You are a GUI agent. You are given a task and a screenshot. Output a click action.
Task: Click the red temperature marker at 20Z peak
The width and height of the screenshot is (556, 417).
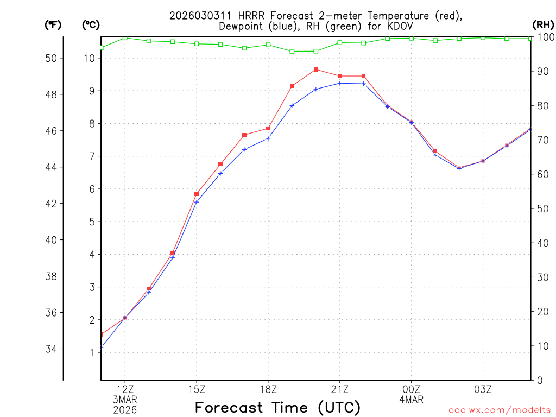[316, 69]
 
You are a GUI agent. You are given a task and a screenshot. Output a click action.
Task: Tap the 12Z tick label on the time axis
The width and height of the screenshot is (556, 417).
[125, 389]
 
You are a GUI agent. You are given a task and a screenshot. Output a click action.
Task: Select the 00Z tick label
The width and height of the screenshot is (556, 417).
[412, 389]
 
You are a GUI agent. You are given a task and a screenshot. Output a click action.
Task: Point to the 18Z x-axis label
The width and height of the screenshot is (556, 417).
[268, 389]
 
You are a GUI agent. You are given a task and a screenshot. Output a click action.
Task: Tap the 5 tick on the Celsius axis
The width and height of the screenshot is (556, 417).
[92, 222]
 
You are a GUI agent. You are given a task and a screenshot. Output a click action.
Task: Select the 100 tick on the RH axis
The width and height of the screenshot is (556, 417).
[544, 37]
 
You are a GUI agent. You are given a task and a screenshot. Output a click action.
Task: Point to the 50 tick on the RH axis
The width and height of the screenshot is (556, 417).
[542, 208]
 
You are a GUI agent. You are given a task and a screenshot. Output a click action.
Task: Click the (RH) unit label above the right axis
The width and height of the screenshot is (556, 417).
[543, 24]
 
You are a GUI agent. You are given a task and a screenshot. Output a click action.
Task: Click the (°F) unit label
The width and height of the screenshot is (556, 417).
[53, 24]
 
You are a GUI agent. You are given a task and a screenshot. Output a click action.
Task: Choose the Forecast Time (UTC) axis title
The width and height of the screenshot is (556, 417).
[277, 407]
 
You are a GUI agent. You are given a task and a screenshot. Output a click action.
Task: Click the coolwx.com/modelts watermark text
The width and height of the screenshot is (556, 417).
[500, 410]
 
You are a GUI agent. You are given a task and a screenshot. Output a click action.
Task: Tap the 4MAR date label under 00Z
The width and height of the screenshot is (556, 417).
[412, 400]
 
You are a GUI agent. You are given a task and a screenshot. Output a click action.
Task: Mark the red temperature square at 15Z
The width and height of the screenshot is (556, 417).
[197, 194]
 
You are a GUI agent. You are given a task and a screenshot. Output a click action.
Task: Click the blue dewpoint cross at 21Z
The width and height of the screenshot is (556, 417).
[340, 83]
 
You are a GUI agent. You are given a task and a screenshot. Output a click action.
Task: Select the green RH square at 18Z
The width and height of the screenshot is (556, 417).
[268, 45]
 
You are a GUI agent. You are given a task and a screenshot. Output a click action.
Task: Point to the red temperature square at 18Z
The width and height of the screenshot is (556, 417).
[268, 129]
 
